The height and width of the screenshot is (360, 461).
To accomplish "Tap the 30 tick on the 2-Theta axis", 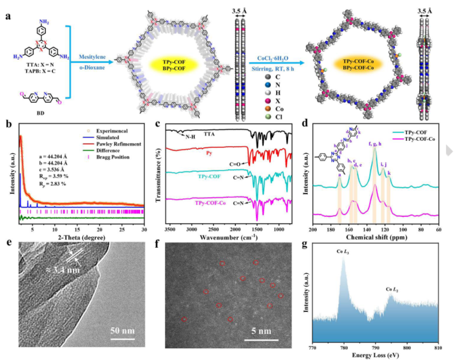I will [x=143, y=230].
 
